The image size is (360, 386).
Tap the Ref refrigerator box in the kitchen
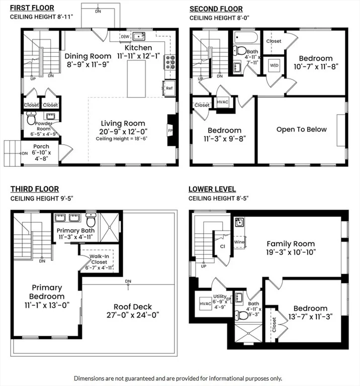tap(169, 87)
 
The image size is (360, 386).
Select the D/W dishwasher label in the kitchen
tap(125, 37)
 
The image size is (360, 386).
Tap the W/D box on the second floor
tap(274, 65)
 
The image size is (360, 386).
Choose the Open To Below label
tap(301, 129)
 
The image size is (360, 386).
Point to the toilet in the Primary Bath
tap(91, 221)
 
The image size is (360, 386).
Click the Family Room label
tap(291, 242)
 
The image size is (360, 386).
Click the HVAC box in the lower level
tap(206, 303)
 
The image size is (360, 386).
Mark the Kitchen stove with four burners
tap(170, 62)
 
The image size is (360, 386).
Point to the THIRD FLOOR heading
tap(33, 189)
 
